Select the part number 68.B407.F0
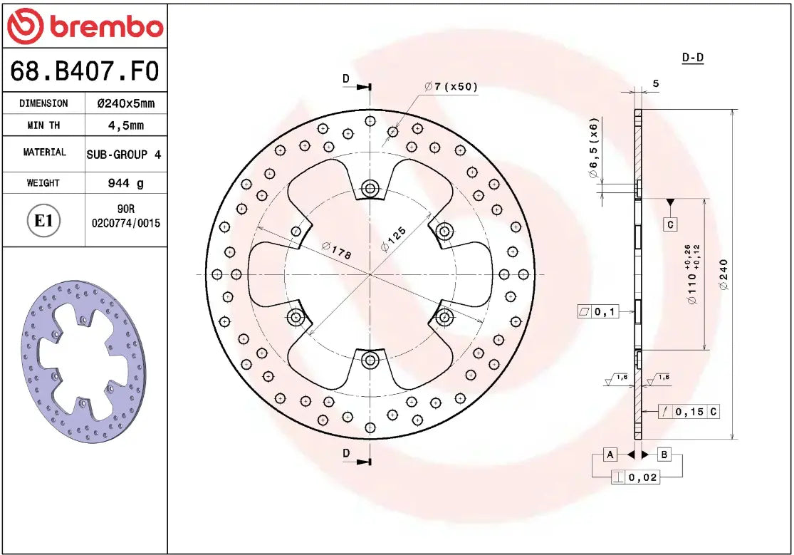pyautogui.click(x=84, y=71)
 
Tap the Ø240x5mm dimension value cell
pyautogui.click(x=125, y=103)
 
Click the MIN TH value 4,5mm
pyautogui.click(x=125, y=125)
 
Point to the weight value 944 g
pyautogui.click(x=125, y=183)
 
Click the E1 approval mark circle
pyautogui.click(x=44, y=221)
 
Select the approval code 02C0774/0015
pyautogui.click(x=126, y=223)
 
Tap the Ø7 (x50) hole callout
pyautogui.click(x=451, y=87)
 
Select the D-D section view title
pyautogui.click(x=692, y=58)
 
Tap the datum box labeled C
pyautogui.click(x=670, y=224)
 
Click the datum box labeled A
pyautogui.click(x=610, y=454)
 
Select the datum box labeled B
pyautogui.click(x=663, y=454)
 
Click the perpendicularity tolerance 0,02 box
pyautogui.click(x=636, y=477)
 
